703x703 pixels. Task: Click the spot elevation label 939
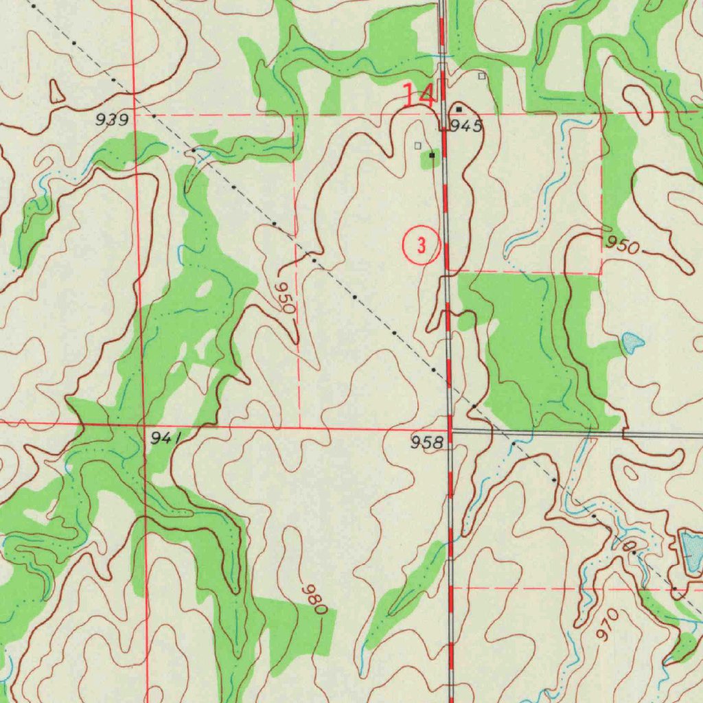[112, 120]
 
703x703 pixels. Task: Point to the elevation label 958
[426, 443]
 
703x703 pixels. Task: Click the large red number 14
[418, 95]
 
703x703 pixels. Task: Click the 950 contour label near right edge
[622, 245]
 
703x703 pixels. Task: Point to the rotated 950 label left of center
[285, 296]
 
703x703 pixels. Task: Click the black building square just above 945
[459, 109]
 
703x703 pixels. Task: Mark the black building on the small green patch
[432, 156]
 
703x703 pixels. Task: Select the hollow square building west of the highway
[417, 145]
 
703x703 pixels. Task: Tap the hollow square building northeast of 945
[482, 76]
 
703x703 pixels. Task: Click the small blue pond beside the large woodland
[632, 342]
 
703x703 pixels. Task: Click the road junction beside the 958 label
[451, 433]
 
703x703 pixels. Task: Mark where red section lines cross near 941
[143, 425]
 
